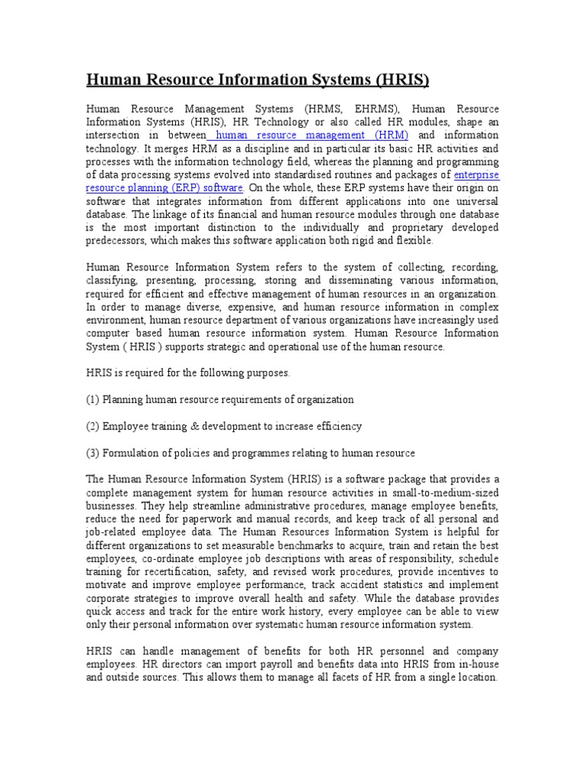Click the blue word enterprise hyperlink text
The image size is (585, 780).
coord(476,174)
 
